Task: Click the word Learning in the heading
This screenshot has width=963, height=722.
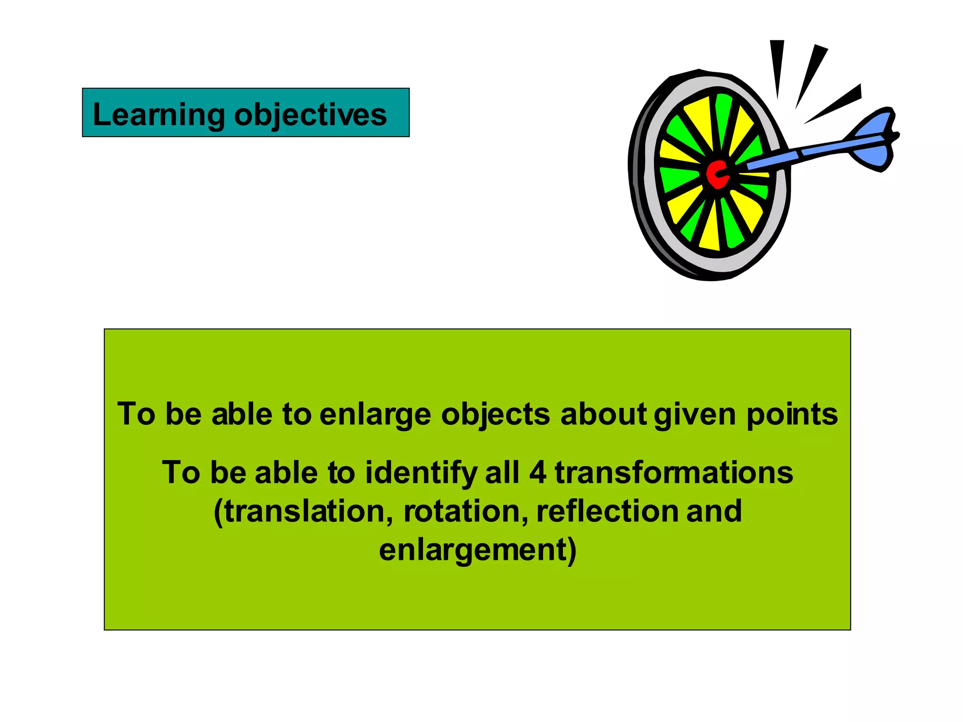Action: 159,115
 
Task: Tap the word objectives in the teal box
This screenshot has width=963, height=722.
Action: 310,115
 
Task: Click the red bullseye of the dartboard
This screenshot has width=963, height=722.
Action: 717,174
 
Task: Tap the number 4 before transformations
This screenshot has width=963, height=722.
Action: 537,472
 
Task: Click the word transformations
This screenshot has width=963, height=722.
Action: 674,472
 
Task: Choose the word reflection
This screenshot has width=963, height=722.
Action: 607,511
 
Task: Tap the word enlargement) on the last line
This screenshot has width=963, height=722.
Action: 478,550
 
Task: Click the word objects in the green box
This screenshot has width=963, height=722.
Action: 496,415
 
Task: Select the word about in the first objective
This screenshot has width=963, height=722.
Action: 603,415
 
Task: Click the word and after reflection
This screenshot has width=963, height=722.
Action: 714,511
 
